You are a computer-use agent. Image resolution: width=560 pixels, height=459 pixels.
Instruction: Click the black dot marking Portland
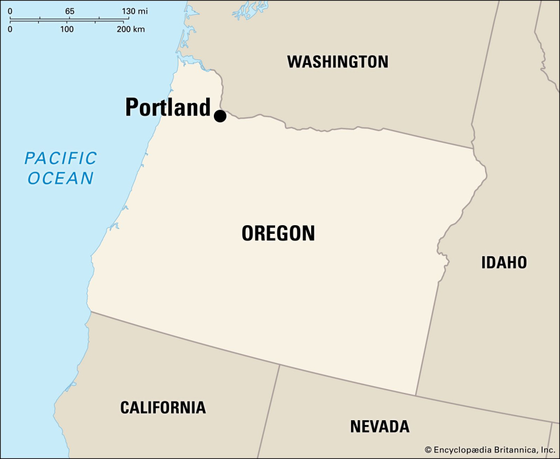[x=220, y=116]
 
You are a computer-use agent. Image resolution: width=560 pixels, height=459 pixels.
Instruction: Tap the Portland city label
[x=167, y=107]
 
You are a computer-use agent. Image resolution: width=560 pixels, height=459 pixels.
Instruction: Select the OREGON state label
[x=278, y=233]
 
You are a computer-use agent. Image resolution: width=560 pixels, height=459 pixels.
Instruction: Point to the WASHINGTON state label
[x=337, y=61]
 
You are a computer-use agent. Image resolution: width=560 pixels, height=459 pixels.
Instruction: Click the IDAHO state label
[x=504, y=262]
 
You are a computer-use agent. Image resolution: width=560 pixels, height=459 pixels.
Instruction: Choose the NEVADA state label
[x=380, y=426]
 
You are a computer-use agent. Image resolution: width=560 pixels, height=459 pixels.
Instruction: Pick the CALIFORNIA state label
[x=163, y=407]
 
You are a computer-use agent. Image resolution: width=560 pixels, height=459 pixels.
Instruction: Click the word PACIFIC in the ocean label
[x=61, y=158]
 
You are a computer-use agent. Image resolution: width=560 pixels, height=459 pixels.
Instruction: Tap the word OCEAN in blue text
[x=61, y=178]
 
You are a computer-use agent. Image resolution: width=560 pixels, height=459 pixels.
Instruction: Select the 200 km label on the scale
[x=131, y=29]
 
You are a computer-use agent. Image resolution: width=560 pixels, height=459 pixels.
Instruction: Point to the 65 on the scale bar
[x=69, y=11]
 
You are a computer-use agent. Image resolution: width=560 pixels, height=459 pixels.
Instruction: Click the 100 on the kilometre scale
[x=67, y=29]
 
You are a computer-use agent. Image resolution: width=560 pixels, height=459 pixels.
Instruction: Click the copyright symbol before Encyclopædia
[x=428, y=449]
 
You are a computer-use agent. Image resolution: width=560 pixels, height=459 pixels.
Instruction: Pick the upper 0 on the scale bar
[x=10, y=11]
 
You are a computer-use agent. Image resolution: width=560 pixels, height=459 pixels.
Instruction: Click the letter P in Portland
[x=132, y=107]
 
